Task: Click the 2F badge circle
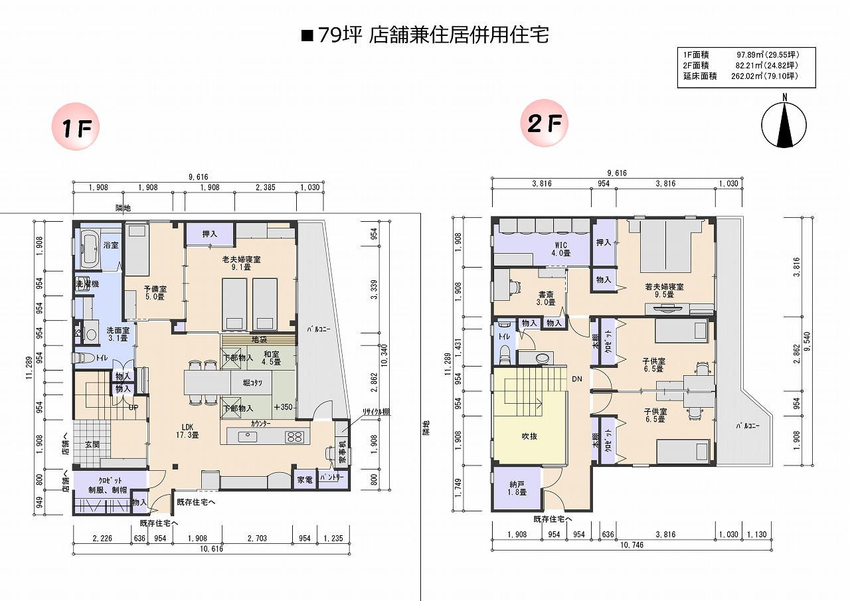click(x=545, y=124)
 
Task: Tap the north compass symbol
click(x=785, y=124)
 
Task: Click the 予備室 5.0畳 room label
click(x=155, y=293)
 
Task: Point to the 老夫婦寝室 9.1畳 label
click(x=241, y=263)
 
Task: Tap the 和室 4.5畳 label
click(x=270, y=358)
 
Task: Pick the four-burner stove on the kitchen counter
click(x=294, y=437)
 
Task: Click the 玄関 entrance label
click(x=91, y=444)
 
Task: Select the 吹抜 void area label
click(x=529, y=436)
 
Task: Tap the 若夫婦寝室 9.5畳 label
click(x=663, y=290)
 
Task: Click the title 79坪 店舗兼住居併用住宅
click(x=425, y=35)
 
